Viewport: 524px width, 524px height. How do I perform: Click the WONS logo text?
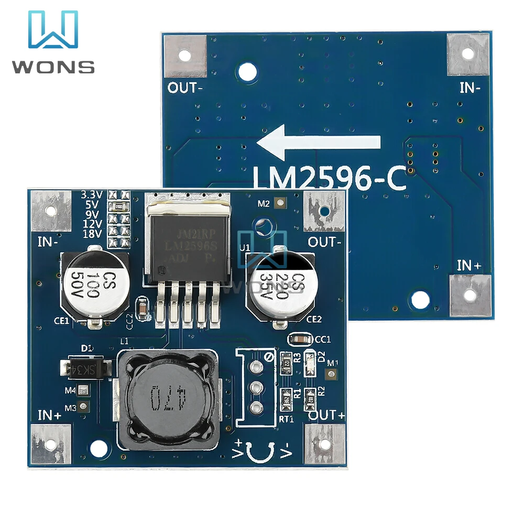[53, 67]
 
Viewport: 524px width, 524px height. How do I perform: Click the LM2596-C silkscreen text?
[329, 180]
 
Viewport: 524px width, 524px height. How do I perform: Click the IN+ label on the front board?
[49, 416]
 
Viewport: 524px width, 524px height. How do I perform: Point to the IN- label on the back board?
[470, 88]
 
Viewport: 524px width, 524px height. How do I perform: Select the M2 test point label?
[263, 203]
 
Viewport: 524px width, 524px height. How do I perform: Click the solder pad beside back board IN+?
[470, 295]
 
